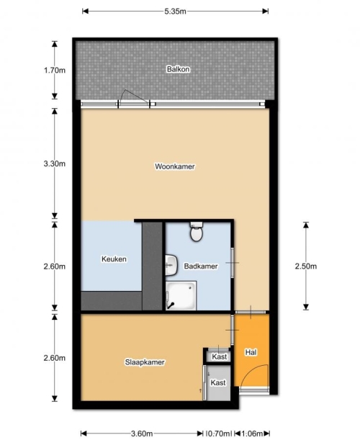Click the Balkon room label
178,69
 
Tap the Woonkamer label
175,166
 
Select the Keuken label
114,259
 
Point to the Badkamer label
201,266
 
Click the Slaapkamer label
145,362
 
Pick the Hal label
251,352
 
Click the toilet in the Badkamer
197,232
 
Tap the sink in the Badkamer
171,265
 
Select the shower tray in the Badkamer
181,296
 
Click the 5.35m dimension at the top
175,12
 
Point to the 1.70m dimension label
55,70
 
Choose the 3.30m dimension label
55,163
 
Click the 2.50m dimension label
306,266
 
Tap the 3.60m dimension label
142,434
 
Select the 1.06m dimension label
252,434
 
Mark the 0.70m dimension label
218,434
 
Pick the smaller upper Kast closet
219,356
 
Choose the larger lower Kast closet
218,382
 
